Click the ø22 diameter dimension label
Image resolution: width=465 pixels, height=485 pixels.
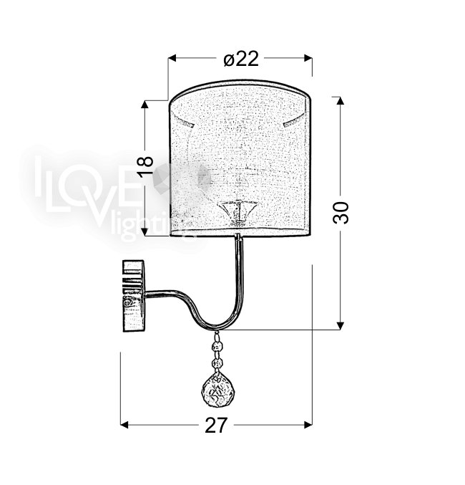point(241,59)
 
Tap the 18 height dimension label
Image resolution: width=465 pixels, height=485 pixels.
point(145,166)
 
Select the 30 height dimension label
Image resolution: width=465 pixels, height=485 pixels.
point(341,212)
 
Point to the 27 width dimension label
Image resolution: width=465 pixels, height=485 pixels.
point(216,426)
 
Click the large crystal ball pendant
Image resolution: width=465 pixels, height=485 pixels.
point(215,388)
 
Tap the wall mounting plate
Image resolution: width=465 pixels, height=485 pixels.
point(134,296)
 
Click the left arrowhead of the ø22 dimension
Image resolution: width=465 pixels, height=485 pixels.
point(172,58)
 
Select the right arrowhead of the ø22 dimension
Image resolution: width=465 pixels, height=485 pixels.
point(308,58)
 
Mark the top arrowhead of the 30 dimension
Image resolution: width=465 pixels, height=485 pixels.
point(341,100)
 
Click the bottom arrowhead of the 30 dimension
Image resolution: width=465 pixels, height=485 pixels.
point(341,326)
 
